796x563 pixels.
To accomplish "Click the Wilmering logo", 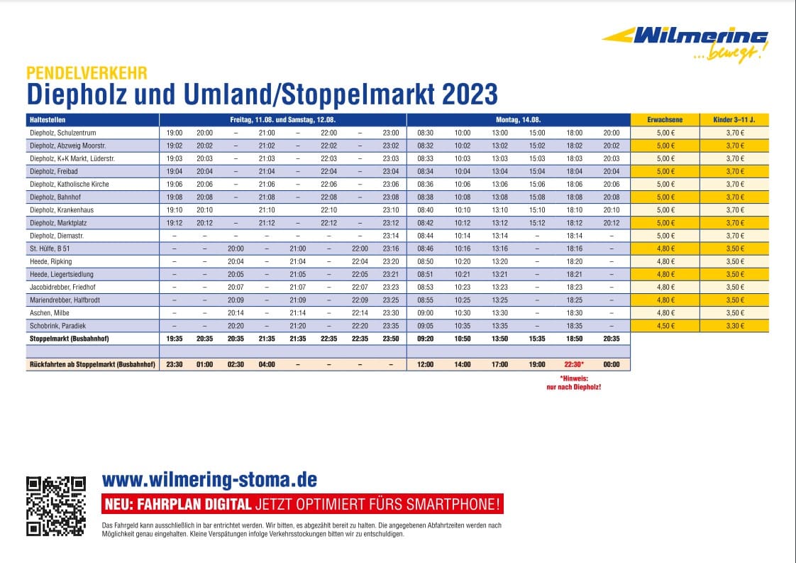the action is tap(685, 45).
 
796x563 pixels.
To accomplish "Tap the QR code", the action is tap(56, 506).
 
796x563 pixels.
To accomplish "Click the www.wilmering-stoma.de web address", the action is tap(210, 480).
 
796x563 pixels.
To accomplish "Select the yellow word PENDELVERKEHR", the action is tap(87, 73).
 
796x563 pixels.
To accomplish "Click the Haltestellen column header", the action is tap(48, 120).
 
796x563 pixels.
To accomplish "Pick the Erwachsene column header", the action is tap(665, 120).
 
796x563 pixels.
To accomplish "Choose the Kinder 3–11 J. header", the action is tap(734, 120).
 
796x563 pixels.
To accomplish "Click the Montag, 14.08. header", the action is tap(519, 120).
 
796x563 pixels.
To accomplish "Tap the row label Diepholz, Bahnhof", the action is tap(55, 197).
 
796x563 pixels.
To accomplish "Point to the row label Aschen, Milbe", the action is tap(49, 313).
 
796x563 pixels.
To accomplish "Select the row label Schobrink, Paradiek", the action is tap(58, 326).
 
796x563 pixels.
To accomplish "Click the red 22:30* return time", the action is tap(574, 364).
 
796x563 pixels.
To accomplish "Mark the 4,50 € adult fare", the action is tap(665, 326).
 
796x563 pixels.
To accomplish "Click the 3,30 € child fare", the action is tap(734, 326).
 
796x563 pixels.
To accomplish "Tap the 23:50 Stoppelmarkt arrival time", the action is tap(391, 339).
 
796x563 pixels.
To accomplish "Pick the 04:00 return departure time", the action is tap(267, 364).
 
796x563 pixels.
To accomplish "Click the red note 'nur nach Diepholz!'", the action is tap(574, 387).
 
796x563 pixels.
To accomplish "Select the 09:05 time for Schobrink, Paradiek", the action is tap(426, 326).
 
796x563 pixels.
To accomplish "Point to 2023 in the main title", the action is tap(470, 94).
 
